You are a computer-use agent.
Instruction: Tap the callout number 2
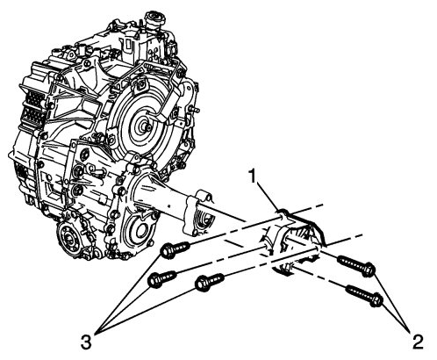point(417,342)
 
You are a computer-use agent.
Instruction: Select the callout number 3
point(86,342)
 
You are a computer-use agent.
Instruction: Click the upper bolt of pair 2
point(356,266)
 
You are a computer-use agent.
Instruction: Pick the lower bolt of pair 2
point(364,296)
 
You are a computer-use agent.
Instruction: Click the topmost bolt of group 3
point(176,249)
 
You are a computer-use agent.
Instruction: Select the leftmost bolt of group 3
point(162,279)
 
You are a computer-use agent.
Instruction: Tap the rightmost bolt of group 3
point(210,282)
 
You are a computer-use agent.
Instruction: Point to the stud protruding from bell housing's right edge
point(194,110)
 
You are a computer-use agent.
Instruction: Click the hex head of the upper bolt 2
point(369,270)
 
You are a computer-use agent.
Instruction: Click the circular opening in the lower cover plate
point(137,233)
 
